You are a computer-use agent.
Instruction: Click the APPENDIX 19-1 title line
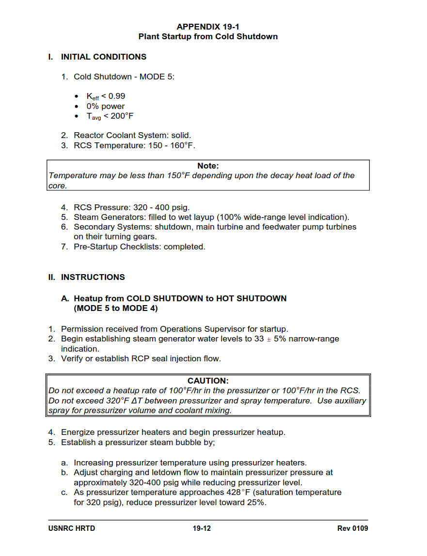tap(208, 27)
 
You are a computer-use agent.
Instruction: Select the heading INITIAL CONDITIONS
tap(103, 57)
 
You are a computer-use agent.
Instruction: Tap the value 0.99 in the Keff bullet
tap(117, 96)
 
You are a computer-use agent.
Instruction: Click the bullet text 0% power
tap(106, 106)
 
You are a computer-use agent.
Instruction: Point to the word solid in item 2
tap(181, 135)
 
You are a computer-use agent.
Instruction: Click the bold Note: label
tap(208, 166)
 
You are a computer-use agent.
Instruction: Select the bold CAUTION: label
tap(208, 381)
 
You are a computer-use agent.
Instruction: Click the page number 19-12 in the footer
tap(202, 528)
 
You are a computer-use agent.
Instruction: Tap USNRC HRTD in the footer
tap(72, 528)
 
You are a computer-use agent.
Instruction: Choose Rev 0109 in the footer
tap(352, 528)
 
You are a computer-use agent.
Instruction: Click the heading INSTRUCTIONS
tap(93, 277)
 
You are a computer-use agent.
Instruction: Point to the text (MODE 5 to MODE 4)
tap(116, 308)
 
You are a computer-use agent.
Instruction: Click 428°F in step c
tap(238, 492)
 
